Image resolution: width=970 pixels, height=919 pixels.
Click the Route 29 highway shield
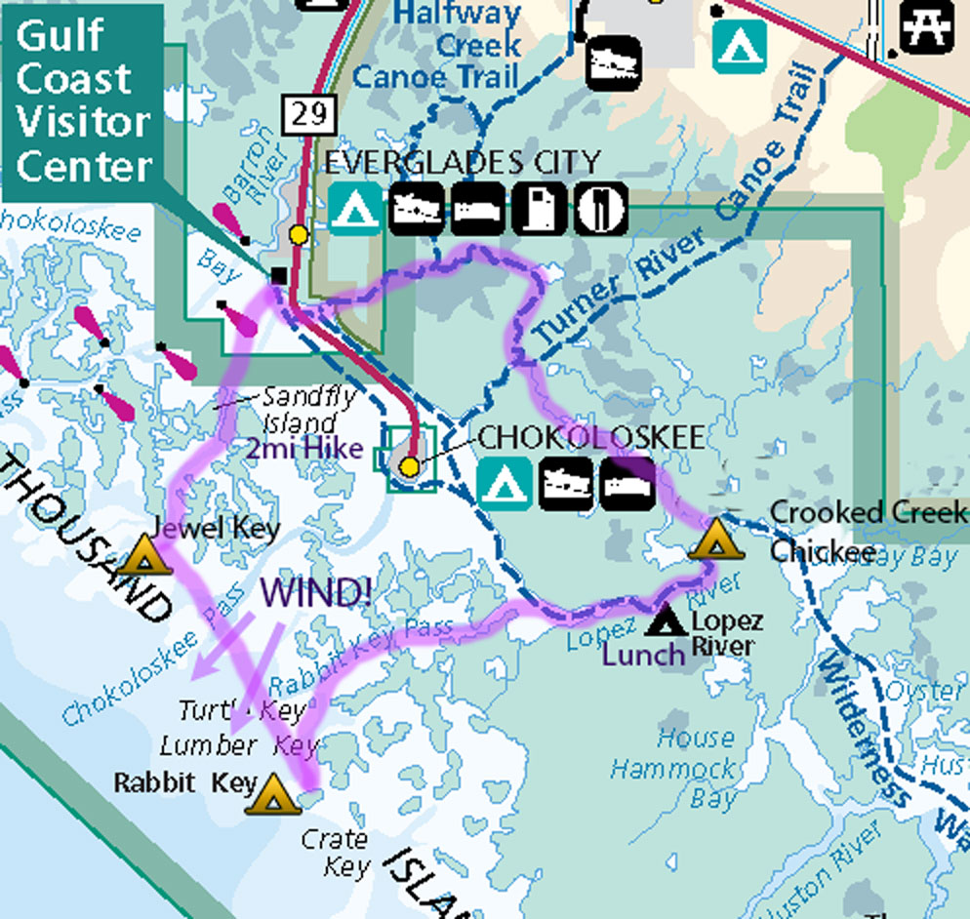click(306, 115)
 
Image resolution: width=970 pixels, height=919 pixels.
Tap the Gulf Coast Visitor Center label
click(84, 101)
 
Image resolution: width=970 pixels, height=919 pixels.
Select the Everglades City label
click(462, 161)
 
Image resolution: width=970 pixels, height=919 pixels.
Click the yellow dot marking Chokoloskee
click(410, 467)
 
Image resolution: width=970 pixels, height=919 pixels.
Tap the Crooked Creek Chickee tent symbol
click(714, 539)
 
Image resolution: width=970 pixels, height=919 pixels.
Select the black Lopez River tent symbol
click(667, 619)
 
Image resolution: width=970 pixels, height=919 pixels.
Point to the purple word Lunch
click(644, 654)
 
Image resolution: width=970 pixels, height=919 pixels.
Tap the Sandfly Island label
click(297, 410)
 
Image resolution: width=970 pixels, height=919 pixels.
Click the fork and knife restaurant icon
click(599, 207)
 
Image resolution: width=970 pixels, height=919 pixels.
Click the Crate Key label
click(336, 853)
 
